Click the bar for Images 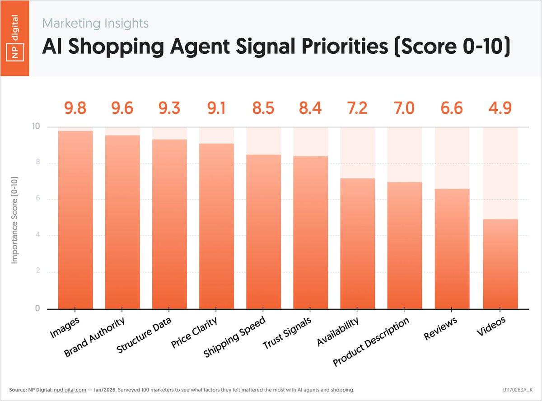[x=75, y=220]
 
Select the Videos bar [x=500, y=264]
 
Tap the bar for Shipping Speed [x=263, y=232]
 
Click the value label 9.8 [x=75, y=109]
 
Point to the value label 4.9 [x=500, y=109]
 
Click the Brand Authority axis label [x=94, y=336]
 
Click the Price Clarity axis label [x=194, y=333]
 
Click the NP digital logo [x=15, y=38]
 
